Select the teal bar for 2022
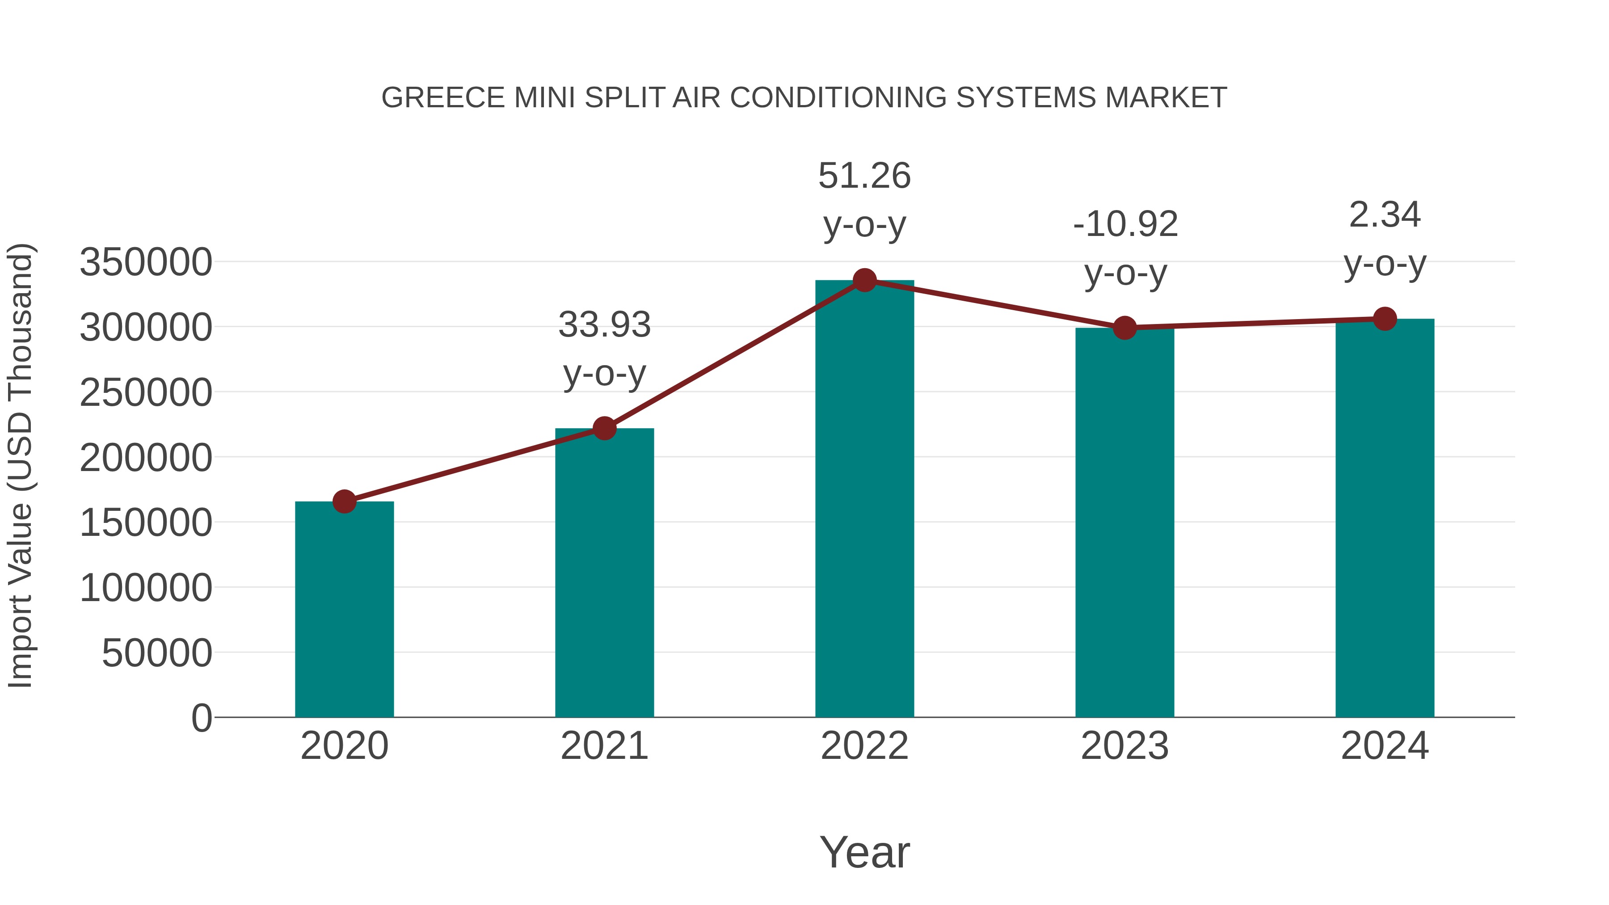[x=864, y=500]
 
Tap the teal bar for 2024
[x=1385, y=518]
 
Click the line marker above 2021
[x=604, y=429]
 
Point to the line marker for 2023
[x=1125, y=327]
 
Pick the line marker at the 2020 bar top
[x=344, y=501]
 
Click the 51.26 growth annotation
[x=864, y=176]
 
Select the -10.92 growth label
[x=1125, y=224]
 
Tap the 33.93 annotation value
[x=604, y=325]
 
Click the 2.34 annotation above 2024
[x=1385, y=215]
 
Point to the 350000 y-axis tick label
[x=146, y=262]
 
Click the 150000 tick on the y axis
[x=146, y=523]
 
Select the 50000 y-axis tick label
[x=157, y=653]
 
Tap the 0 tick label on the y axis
[x=201, y=718]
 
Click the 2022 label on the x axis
[x=864, y=746]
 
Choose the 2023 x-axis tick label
[x=1125, y=746]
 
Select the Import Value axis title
[x=20, y=465]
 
